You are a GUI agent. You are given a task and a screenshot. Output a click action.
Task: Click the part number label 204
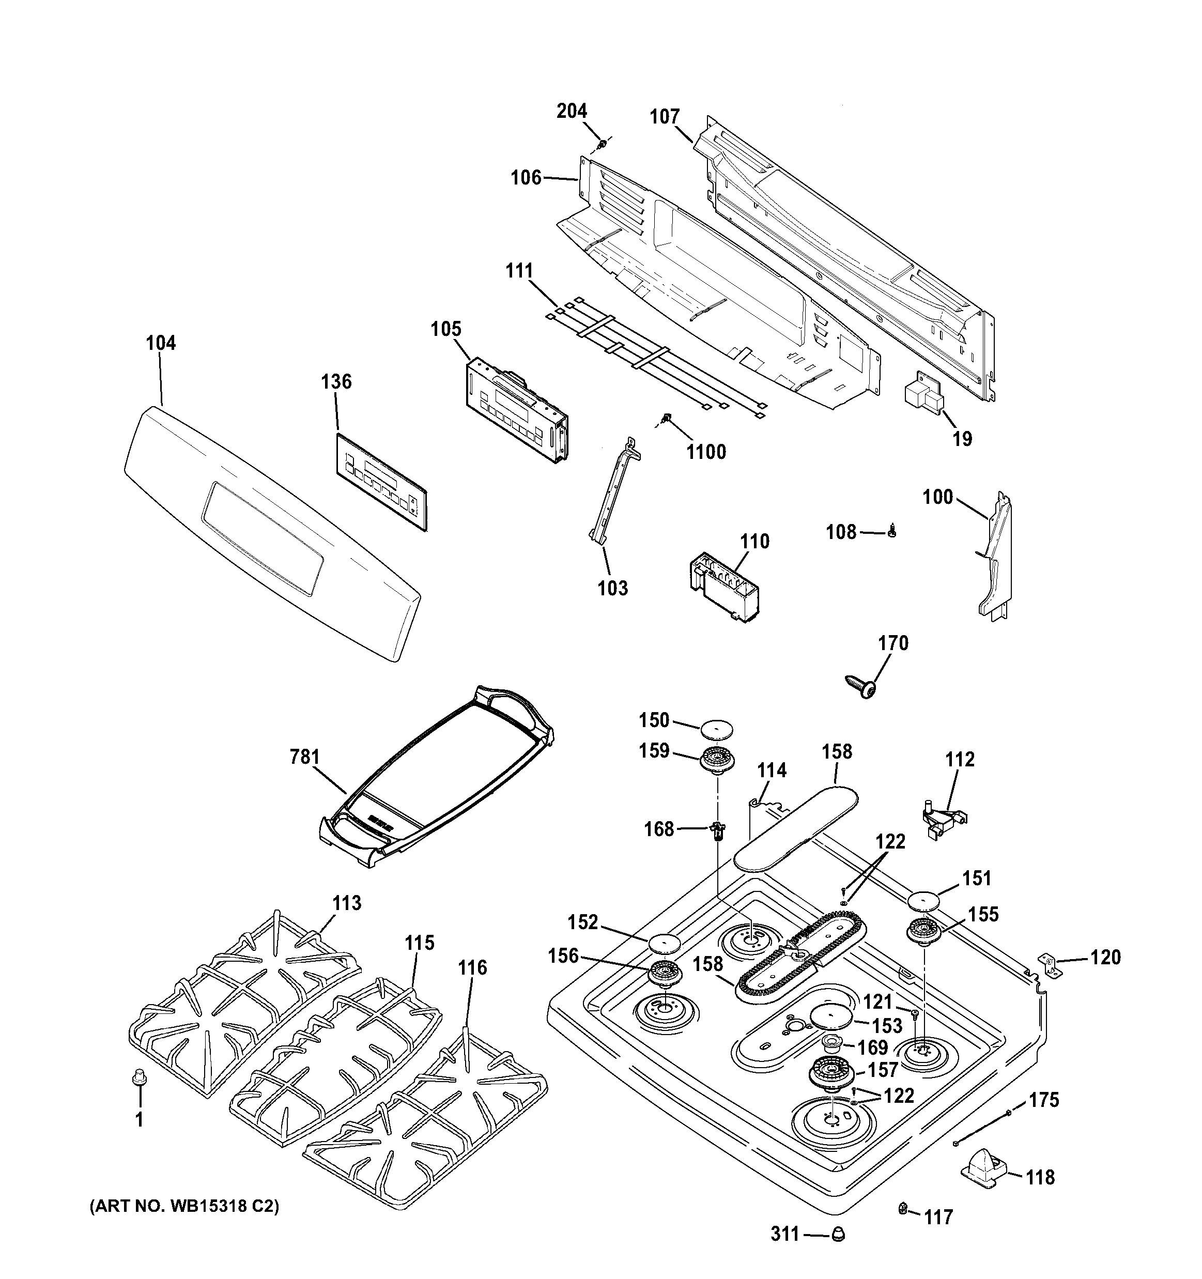point(572,111)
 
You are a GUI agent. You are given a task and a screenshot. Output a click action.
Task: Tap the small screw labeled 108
point(891,532)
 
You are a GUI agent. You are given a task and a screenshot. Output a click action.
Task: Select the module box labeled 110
point(719,589)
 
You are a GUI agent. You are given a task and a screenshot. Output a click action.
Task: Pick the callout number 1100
point(706,452)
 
